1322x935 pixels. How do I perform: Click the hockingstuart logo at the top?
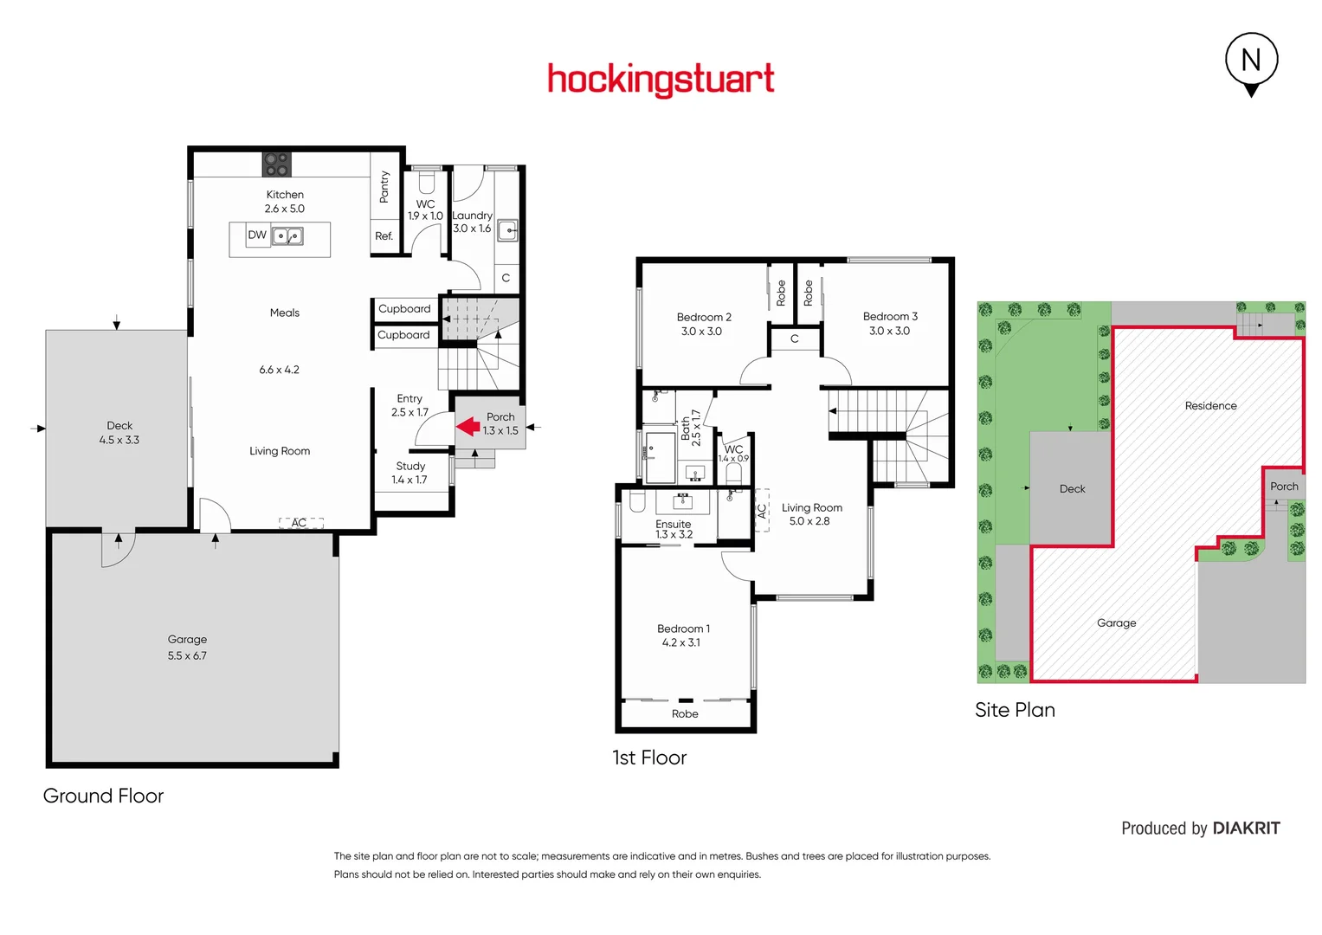tap(661, 80)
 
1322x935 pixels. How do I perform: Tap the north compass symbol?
tap(1251, 61)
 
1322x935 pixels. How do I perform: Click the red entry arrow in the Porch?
tap(468, 426)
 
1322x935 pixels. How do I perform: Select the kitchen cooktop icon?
tap(277, 164)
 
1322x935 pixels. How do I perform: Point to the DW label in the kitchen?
tap(257, 235)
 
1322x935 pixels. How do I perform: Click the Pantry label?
tap(384, 187)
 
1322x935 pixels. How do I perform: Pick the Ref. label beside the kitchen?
tap(384, 235)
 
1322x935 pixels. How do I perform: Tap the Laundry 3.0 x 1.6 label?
tap(472, 222)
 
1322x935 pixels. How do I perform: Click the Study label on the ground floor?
tap(410, 466)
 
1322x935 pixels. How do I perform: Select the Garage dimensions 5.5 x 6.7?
tap(187, 655)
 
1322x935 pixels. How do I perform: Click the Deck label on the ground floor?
tap(119, 425)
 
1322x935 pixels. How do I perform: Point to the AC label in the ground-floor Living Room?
tap(300, 523)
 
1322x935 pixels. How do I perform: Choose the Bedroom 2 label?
tap(704, 317)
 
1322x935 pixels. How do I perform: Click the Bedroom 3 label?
tap(890, 316)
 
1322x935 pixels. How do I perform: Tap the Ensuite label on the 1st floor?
tap(673, 524)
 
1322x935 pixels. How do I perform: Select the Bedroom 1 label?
tap(683, 629)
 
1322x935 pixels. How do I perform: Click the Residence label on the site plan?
tap(1210, 405)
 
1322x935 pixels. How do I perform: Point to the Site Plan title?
tap(1015, 710)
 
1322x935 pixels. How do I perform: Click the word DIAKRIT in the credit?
tap(1246, 829)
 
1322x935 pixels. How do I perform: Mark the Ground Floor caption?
tap(103, 796)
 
